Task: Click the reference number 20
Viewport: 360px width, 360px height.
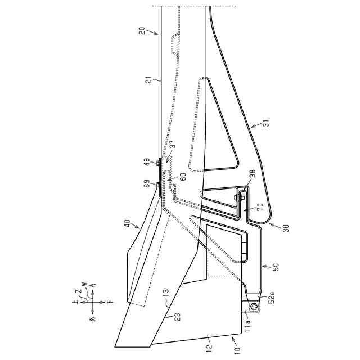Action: point(142,30)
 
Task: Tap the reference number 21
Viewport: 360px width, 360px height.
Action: point(149,80)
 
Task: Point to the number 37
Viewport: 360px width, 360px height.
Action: point(173,144)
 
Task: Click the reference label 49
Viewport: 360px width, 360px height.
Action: point(147,162)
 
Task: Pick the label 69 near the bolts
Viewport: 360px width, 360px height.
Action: point(147,183)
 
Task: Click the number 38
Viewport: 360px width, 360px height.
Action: point(252,174)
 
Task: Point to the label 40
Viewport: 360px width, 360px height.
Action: point(127,223)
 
